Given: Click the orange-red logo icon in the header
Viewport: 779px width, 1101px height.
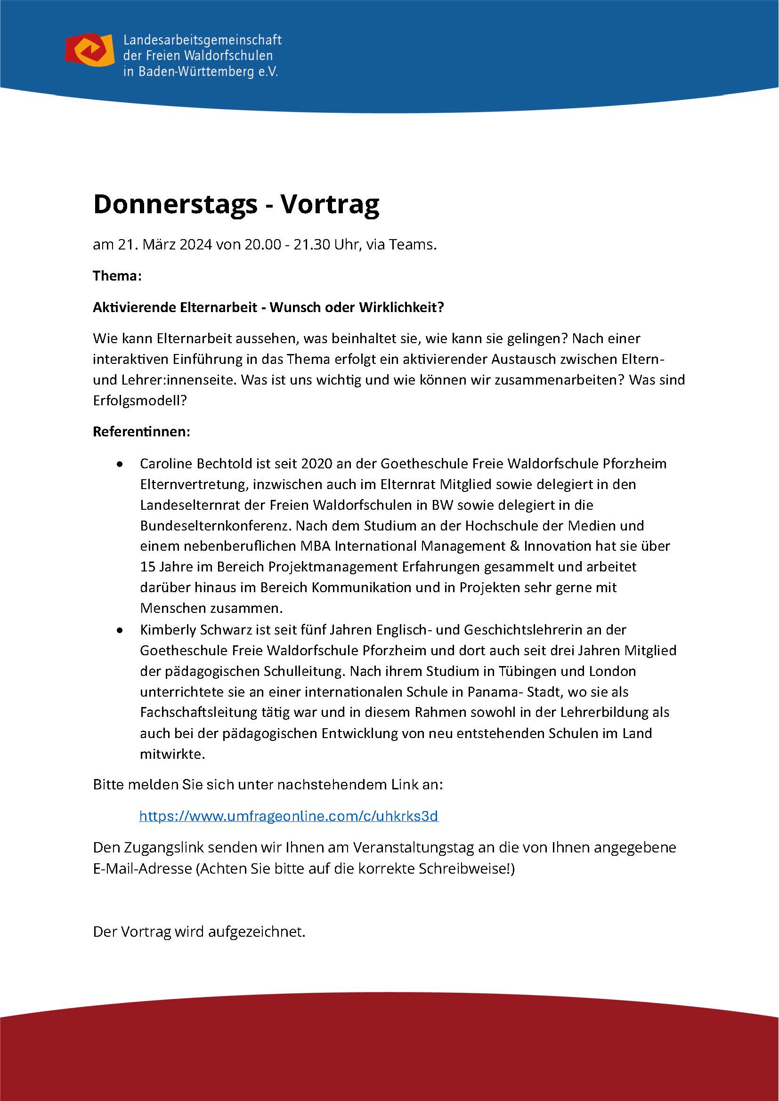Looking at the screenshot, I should [x=89, y=50].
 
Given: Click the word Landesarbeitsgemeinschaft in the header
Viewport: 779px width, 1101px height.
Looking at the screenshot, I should [x=202, y=40].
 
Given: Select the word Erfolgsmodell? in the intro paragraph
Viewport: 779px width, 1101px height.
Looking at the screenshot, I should [x=139, y=401].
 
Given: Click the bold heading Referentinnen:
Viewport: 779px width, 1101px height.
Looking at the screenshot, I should [x=141, y=432].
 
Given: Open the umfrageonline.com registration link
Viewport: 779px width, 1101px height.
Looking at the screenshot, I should [x=288, y=816].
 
